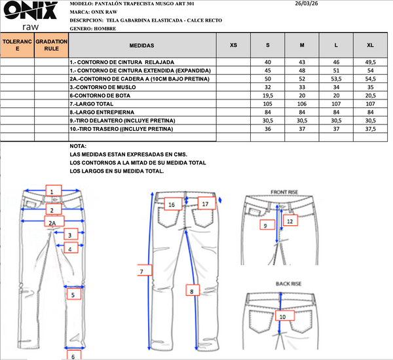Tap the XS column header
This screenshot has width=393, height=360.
234,46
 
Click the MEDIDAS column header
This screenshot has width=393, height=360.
142,46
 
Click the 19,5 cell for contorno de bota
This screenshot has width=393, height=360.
268,95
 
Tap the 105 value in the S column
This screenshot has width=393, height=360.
268,103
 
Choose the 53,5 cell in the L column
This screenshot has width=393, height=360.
336,78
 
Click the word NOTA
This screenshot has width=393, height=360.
77,147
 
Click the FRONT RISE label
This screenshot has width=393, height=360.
284,192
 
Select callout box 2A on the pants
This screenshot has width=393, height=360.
52,223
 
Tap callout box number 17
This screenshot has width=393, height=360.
205,204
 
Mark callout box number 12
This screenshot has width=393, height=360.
290,221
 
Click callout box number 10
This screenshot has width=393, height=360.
283,317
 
